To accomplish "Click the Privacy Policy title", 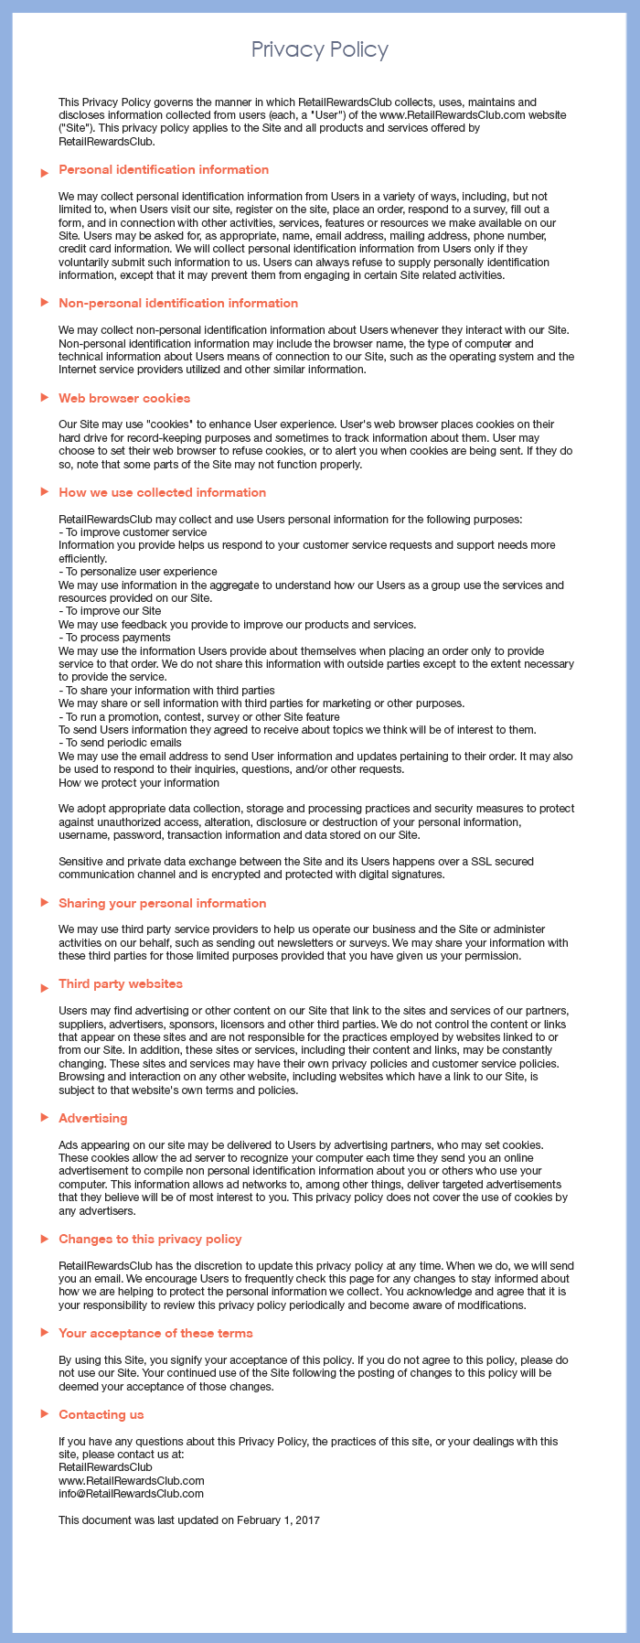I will [x=320, y=49].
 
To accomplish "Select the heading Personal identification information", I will [x=164, y=169].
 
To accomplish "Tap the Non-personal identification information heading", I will [x=178, y=303].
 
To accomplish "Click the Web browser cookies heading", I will [x=124, y=398].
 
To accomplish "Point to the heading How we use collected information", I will [x=162, y=492].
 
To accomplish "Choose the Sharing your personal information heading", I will [x=162, y=903].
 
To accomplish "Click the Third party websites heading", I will [x=121, y=983].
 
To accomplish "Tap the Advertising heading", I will [x=93, y=1118].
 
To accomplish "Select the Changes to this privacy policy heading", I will [x=150, y=1239].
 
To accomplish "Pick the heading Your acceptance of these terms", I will [x=155, y=1333].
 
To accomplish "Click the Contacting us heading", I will [x=101, y=1414].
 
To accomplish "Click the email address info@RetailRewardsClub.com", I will [x=131, y=1493].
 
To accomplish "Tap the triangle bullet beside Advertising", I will [x=44, y=1119].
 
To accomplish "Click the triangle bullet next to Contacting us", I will [x=44, y=1414].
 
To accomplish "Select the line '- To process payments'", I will [x=114, y=638].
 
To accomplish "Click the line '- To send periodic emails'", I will [x=120, y=743].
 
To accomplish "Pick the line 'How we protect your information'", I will [x=139, y=782].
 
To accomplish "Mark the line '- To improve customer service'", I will [x=133, y=532].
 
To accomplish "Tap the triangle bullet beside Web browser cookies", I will [x=44, y=398].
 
